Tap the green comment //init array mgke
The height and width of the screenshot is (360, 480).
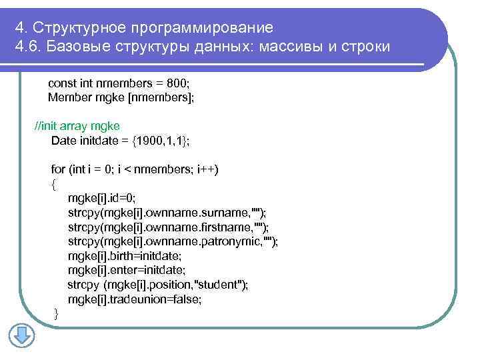77,126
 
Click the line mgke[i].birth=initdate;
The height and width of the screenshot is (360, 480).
124,255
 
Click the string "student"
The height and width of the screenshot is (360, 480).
217,285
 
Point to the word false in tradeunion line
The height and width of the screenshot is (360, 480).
187,299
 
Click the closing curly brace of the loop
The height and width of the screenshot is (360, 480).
56,313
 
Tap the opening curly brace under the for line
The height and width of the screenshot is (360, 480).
54,183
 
